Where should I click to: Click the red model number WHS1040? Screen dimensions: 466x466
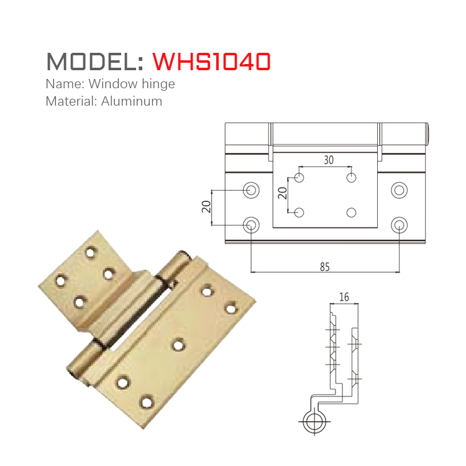[x=211, y=61]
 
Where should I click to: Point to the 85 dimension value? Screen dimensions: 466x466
[x=324, y=267]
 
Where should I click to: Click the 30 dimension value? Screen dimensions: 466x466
[x=329, y=160]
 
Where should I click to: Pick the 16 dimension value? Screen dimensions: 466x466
[x=344, y=298]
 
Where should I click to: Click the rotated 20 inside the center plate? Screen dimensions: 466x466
[x=283, y=193]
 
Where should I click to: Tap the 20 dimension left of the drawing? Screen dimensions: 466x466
[x=206, y=206]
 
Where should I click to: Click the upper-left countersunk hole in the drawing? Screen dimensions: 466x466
[x=252, y=190]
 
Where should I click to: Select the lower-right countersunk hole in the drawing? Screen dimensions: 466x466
[x=398, y=224]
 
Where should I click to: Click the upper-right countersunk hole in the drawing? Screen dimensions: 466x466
[x=398, y=190]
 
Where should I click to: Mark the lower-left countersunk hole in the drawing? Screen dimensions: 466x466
[x=252, y=224]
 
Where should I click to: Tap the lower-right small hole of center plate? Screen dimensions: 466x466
[x=352, y=213]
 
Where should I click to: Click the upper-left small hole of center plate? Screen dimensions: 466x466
[x=299, y=178]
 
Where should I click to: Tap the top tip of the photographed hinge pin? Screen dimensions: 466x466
[x=183, y=255]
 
